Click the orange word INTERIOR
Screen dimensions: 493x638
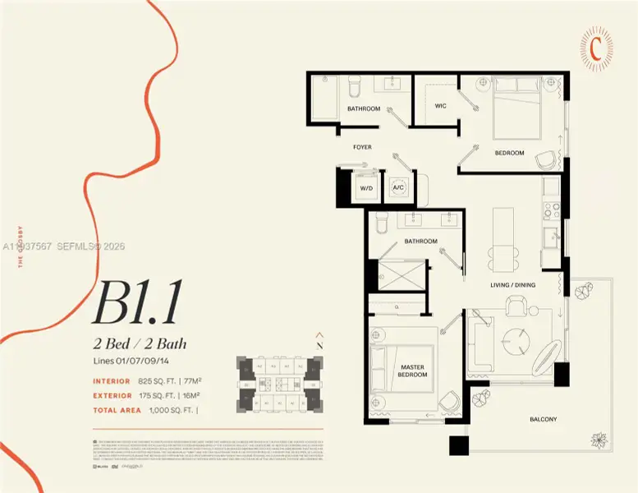point(111,381)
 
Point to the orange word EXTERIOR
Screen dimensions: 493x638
point(111,394)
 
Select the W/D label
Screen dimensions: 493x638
point(364,188)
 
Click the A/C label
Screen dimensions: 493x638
point(398,188)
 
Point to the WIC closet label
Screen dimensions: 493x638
point(440,106)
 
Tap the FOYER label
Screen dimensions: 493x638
point(362,147)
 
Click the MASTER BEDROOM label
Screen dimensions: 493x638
point(412,371)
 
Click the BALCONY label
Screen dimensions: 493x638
point(543,419)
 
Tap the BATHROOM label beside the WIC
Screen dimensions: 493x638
point(363,108)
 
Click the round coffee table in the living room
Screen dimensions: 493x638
point(518,338)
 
